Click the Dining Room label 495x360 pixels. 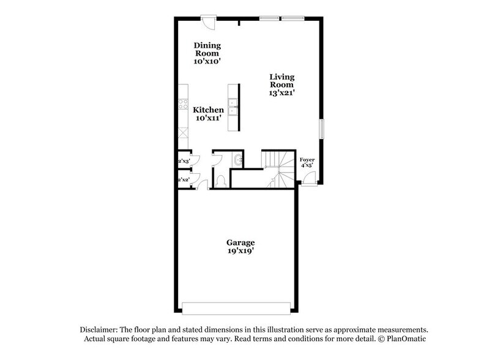pos(207,49)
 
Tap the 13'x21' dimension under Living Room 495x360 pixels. pos(282,94)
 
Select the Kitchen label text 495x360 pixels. pos(208,110)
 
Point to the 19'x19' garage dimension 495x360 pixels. pos(240,250)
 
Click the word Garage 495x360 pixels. pos(240,242)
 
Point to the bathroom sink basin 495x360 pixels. pos(237,160)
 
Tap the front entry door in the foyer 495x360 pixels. pos(310,179)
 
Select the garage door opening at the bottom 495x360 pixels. pos(236,307)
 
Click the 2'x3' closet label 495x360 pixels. pos(183,161)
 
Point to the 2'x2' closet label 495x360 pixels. pos(183,180)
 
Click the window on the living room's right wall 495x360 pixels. pos(320,131)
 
